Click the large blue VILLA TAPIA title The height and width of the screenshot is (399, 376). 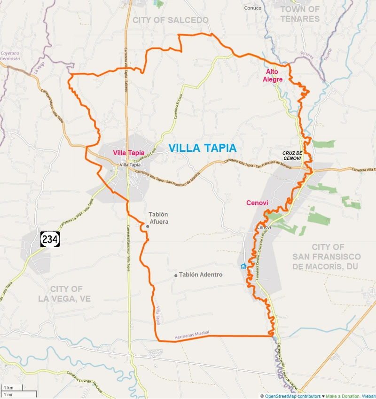pos(202,148)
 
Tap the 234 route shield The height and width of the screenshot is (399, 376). pos(50,239)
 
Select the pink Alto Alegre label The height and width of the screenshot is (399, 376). pos(273,75)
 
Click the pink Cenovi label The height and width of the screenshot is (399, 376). pos(257,203)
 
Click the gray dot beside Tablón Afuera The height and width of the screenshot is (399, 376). pos(148,226)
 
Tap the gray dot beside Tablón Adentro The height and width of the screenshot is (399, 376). pos(176,275)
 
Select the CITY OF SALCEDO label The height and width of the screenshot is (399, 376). pos(170,20)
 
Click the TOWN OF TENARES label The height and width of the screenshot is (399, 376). pos(300,14)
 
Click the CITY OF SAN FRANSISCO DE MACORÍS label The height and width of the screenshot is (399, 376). pos(327,257)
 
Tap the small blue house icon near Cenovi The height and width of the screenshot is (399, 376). pos(243,266)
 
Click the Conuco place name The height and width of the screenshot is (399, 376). pos(252,8)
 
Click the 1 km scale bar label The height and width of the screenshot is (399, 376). pos(8,387)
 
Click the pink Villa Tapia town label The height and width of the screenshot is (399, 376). pos(128,153)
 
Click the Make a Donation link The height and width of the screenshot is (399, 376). pos(342,396)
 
